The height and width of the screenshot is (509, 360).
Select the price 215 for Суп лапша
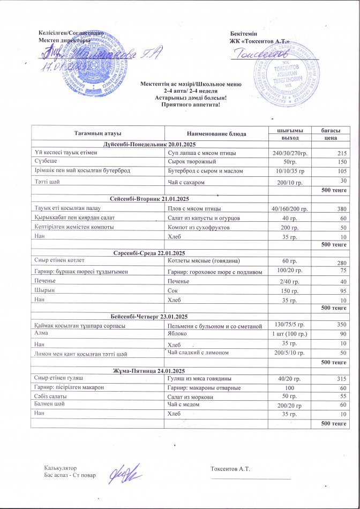coord(341,153)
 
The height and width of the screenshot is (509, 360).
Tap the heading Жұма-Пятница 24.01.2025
coord(149,371)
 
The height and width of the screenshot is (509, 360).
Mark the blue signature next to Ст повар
coord(124,474)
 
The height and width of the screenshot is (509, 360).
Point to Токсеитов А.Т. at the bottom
coord(231,469)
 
